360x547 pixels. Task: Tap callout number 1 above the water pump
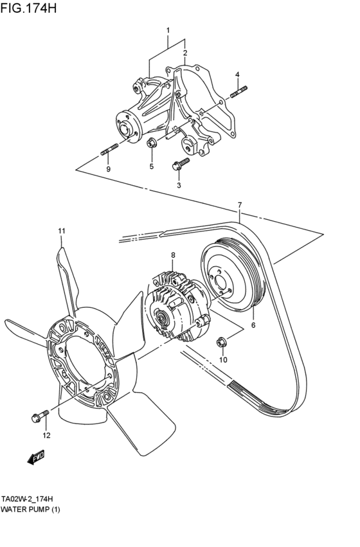(x=168, y=30)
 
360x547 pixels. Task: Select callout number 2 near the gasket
(x=184, y=53)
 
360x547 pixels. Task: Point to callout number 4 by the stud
(x=237, y=75)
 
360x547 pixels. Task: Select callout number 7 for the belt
(x=239, y=205)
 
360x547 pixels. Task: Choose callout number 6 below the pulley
(x=253, y=326)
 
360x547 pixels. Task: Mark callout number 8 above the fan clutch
(x=172, y=255)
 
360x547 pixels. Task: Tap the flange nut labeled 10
(x=222, y=342)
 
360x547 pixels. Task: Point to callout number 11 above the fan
(x=62, y=231)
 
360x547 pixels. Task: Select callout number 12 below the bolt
(x=46, y=436)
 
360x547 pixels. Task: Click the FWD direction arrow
(x=36, y=458)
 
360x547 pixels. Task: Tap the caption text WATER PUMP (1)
(x=30, y=508)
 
